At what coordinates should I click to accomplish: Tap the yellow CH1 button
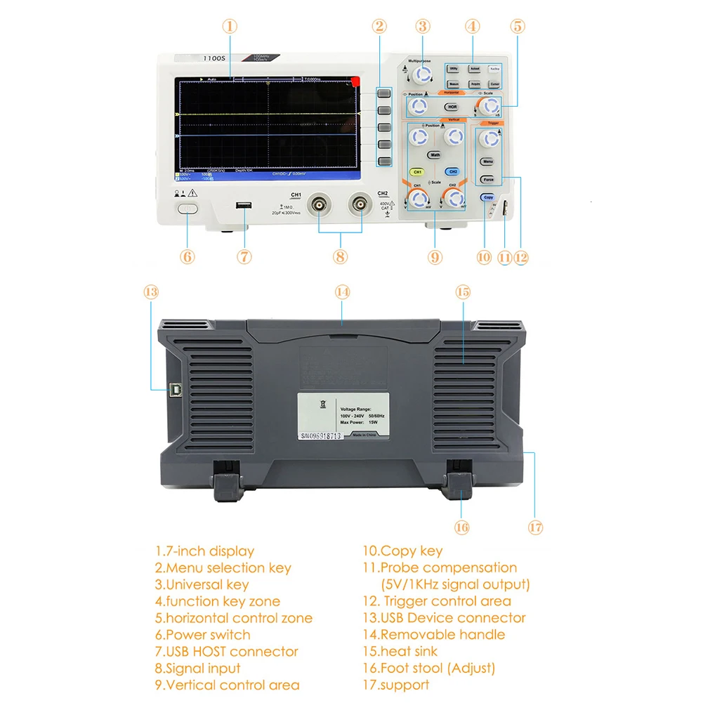(x=417, y=171)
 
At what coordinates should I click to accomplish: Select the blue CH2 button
(x=453, y=171)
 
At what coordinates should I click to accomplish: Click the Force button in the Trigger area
(x=488, y=180)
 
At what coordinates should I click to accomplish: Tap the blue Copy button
(x=488, y=197)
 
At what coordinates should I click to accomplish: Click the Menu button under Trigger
(x=487, y=162)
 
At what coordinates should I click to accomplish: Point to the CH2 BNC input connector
(x=360, y=205)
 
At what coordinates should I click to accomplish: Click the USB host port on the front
(x=244, y=206)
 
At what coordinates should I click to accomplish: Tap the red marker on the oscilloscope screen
(x=356, y=81)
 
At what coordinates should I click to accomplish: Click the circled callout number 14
(x=342, y=291)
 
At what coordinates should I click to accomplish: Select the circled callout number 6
(x=188, y=256)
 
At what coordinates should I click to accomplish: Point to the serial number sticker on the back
(x=320, y=436)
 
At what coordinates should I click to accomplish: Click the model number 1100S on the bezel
(x=213, y=60)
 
